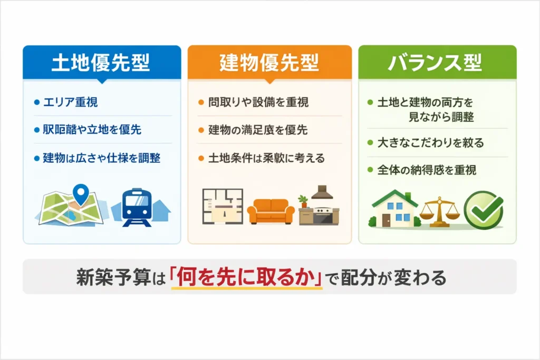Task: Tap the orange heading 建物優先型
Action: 269,63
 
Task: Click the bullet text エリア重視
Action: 70,102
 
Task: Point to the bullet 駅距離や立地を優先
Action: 91,129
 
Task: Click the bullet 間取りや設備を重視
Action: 258,102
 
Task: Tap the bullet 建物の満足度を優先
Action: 257,129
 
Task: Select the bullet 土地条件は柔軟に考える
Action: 266,158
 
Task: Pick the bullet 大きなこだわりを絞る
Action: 430,142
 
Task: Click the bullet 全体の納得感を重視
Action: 427,170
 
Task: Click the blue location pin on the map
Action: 80,193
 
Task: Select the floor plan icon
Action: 223,207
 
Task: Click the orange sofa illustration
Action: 271,211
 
